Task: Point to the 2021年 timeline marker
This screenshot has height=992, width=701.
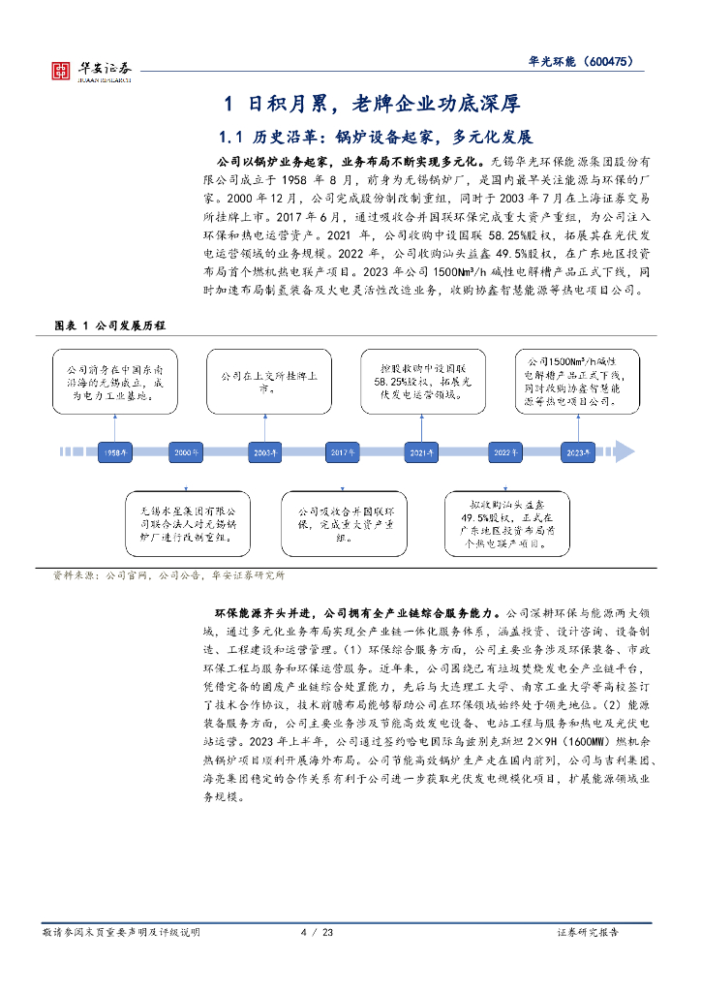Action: (421, 451)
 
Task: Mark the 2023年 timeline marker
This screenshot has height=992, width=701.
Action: (578, 451)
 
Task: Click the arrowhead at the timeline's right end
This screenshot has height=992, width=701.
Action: (624, 451)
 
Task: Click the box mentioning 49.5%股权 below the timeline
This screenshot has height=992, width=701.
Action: (505, 524)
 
